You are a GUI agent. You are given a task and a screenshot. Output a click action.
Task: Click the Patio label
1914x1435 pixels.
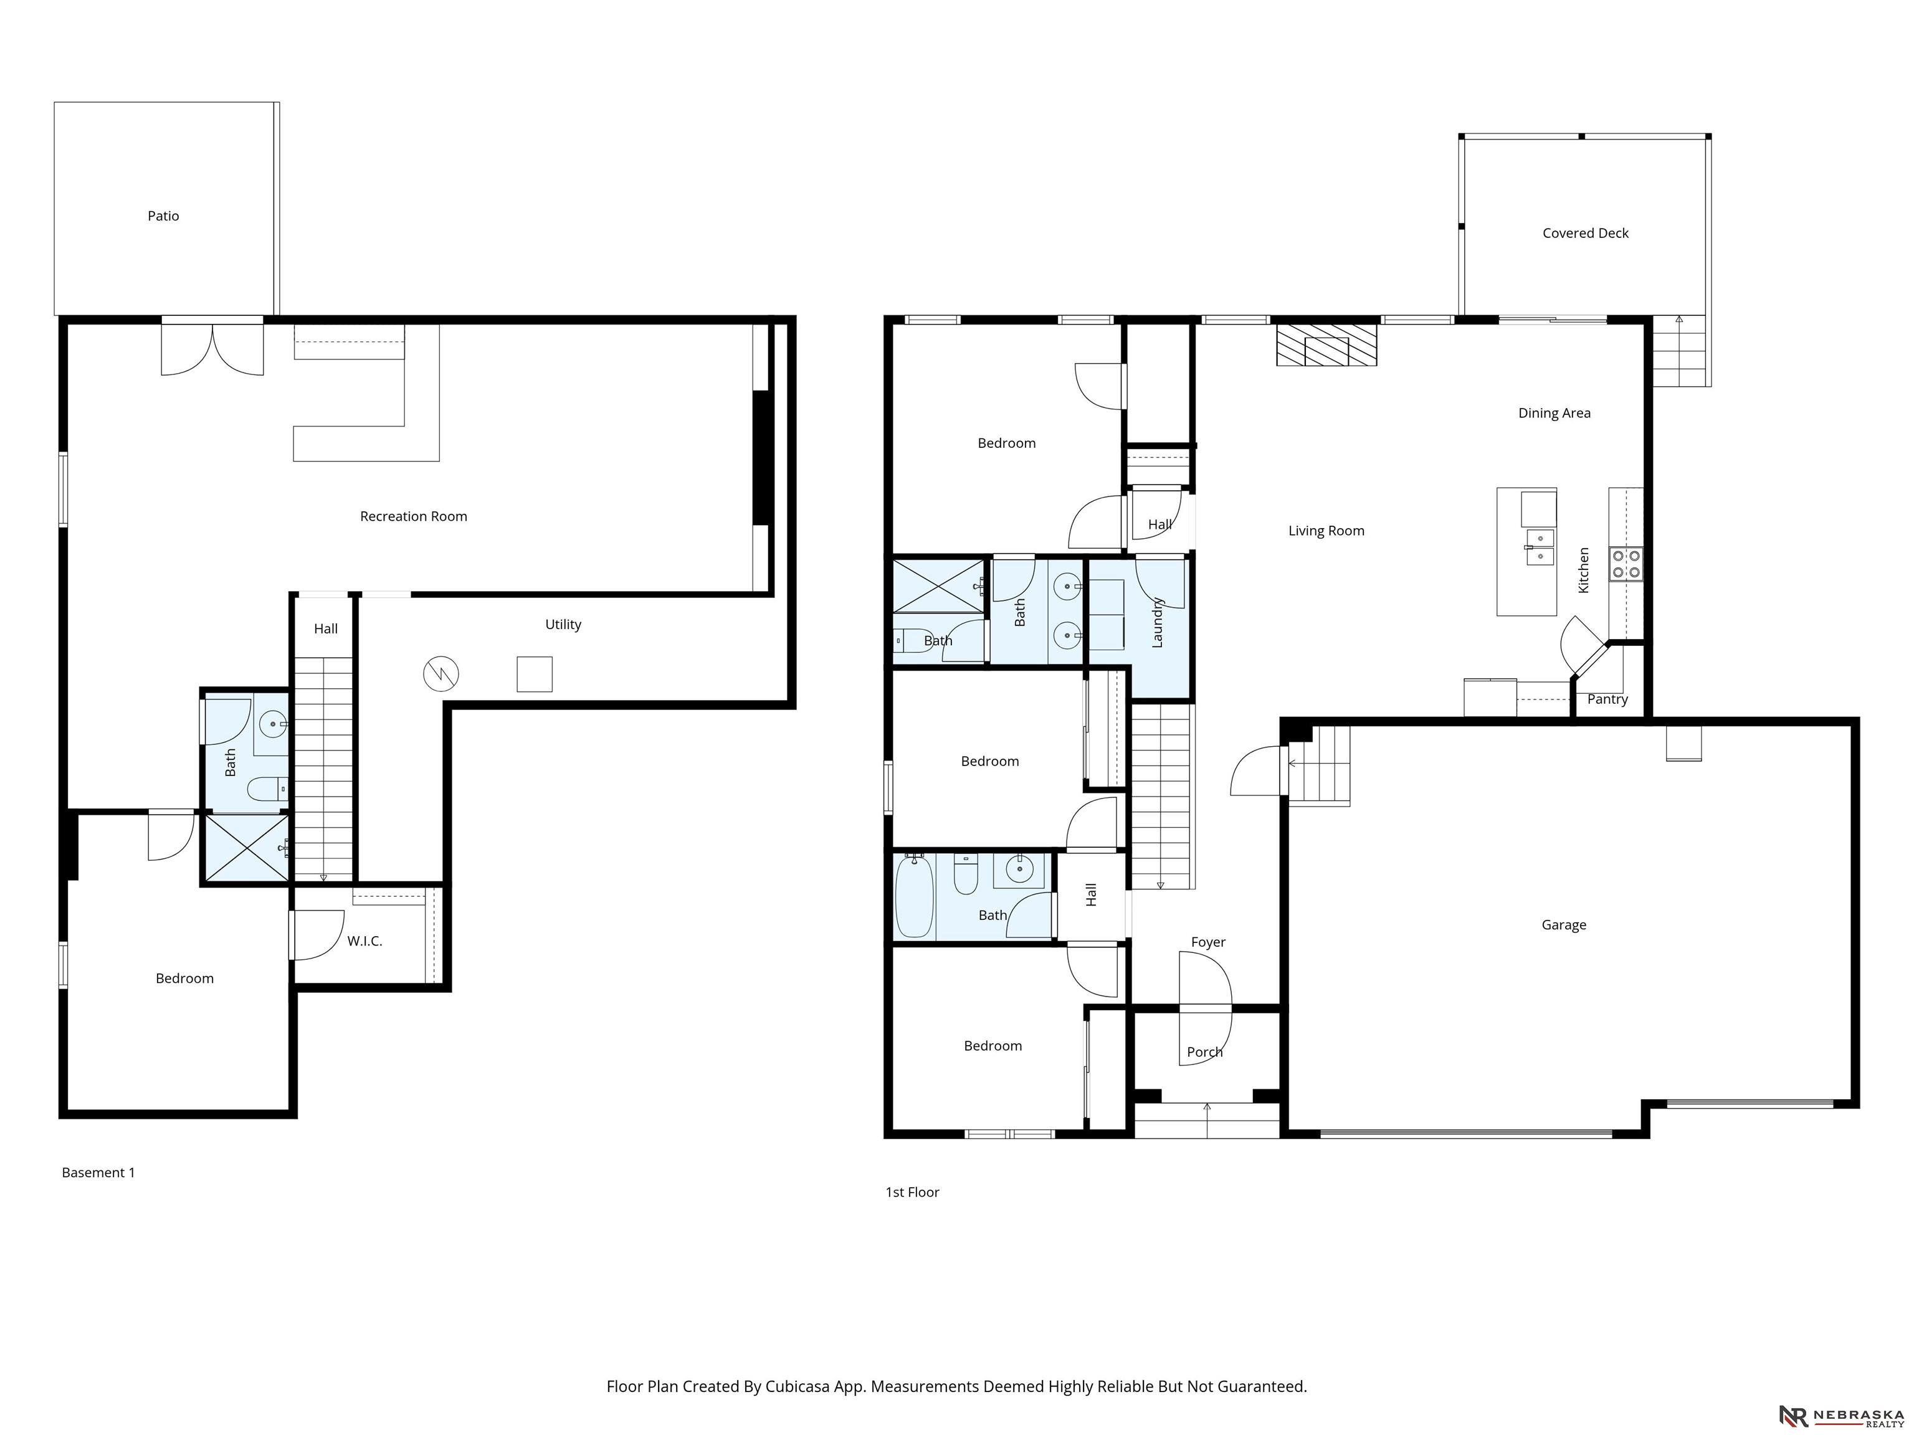[x=163, y=216]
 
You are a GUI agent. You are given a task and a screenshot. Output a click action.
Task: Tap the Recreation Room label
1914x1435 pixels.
[x=414, y=516]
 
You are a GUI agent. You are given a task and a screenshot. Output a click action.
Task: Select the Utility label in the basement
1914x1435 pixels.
[x=563, y=625]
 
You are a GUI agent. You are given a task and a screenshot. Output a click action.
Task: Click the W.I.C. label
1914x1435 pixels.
[x=364, y=941]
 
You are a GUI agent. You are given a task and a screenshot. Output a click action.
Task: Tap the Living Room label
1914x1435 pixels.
[x=1326, y=531]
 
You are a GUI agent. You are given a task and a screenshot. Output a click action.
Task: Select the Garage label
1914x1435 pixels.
[x=1564, y=925]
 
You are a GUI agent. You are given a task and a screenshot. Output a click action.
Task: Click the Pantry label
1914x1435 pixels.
[x=1607, y=699]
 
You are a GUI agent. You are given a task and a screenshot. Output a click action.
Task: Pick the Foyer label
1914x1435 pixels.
[x=1208, y=942]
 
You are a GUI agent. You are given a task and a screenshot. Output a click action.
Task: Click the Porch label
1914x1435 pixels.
[x=1204, y=1052]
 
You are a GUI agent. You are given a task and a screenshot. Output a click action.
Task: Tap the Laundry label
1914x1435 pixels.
[x=1158, y=622]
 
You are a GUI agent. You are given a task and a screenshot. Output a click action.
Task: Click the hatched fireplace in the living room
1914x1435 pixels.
[x=1326, y=345]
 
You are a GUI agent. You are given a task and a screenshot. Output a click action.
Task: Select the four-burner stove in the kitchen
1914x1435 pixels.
[x=1626, y=564]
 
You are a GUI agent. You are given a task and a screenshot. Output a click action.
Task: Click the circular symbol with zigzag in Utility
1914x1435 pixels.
[x=440, y=674]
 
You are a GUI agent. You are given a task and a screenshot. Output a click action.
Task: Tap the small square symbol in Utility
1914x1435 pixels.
[x=535, y=674]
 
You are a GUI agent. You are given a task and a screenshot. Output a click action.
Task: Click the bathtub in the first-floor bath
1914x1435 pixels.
[x=914, y=896]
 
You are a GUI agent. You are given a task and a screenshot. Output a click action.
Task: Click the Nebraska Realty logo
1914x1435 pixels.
[x=1842, y=1416]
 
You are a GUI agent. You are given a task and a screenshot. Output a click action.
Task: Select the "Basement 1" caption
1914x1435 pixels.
[x=98, y=1173]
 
